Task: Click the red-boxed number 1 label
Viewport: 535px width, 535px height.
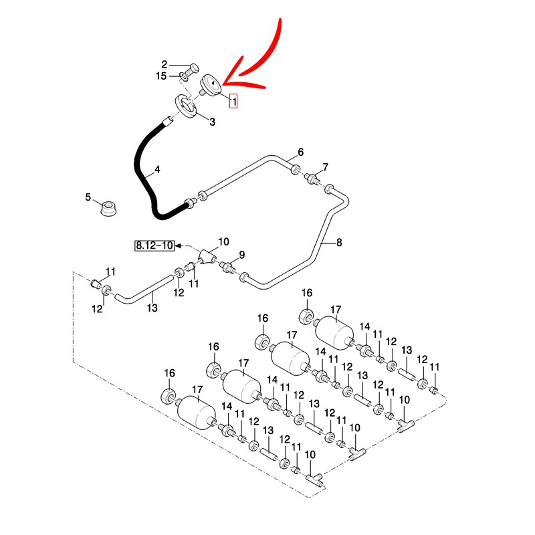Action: tap(233, 102)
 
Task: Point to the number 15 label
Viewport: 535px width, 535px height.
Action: tap(161, 76)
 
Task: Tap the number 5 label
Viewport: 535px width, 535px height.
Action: tap(88, 197)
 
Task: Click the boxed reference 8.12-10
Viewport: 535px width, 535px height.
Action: tap(154, 245)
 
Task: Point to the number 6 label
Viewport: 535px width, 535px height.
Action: tap(300, 152)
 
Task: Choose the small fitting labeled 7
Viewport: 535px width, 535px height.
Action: tap(312, 179)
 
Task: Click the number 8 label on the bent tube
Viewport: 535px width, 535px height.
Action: tap(339, 243)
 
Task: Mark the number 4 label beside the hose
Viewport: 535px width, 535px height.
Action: tap(157, 170)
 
